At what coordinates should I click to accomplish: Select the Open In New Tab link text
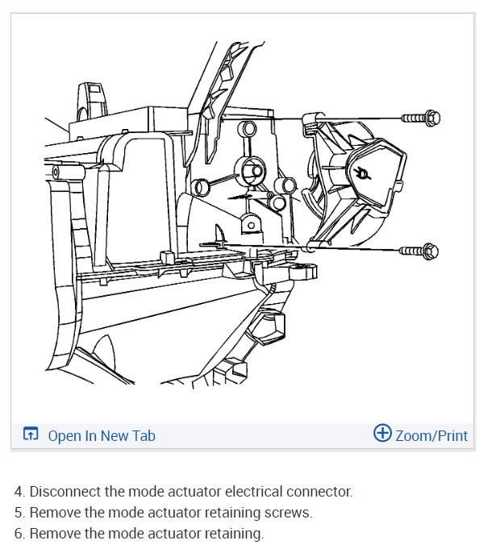[102, 436]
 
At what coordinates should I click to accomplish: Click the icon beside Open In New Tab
[31, 435]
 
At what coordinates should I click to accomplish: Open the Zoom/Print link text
[431, 435]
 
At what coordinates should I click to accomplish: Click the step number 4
[19, 492]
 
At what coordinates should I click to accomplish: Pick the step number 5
[19, 513]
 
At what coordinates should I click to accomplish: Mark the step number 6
[19, 534]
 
